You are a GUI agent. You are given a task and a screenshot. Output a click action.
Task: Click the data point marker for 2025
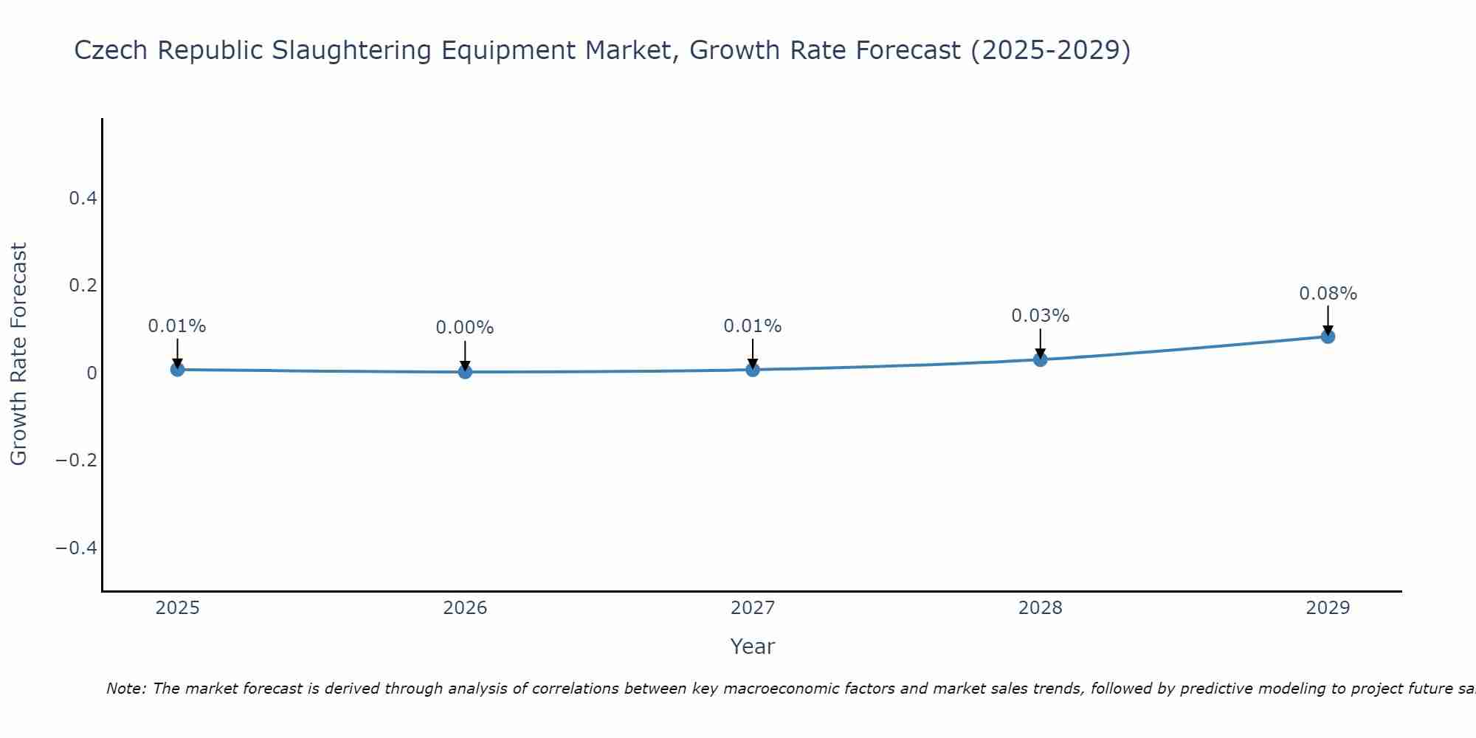pos(177,369)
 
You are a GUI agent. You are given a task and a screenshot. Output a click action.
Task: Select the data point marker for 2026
pos(465,371)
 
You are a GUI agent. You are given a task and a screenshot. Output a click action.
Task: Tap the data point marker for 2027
pos(753,369)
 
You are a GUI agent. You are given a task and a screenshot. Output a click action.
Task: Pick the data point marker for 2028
pos(1040,359)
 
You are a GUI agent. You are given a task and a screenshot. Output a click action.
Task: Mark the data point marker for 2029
pos(1328,337)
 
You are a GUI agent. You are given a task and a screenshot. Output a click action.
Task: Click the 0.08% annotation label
pos(1328,294)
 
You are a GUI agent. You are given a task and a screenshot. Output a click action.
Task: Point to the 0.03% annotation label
pos(1040,316)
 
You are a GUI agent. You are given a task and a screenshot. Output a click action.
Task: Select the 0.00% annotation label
pos(465,328)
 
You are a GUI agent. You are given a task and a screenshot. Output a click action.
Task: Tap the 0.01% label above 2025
pos(177,326)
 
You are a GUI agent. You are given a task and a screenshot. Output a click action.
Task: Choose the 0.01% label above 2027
pos(753,326)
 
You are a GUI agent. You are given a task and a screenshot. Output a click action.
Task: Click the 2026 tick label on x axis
pos(465,608)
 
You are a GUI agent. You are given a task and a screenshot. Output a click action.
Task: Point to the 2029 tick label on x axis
pos(1328,608)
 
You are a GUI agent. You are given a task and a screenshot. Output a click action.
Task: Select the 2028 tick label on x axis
pos(1040,608)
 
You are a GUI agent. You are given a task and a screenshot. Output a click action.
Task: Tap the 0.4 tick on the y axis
pos(83,198)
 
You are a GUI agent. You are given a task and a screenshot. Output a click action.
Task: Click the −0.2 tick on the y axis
pos(77,460)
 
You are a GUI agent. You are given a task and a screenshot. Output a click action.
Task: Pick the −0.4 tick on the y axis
pos(77,548)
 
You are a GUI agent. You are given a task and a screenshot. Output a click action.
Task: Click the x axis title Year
pos(752,646)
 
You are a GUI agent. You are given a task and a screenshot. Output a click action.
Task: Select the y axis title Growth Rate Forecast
pos(18,354)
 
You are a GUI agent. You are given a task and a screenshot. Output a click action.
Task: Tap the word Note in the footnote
pos(125,689)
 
